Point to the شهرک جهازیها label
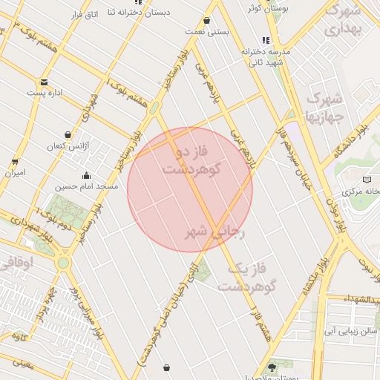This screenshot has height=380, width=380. tap(324, 107)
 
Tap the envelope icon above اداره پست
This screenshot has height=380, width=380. tap(45, 82)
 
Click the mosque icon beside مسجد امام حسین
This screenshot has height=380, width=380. tap(87, 176)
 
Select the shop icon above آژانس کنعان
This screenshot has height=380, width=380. tap(68, 135)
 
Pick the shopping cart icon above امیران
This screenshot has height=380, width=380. tap(15, 161)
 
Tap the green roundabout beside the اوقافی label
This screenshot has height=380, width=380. tap(63, 262)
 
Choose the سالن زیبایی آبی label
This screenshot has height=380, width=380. tap(353, 331)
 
